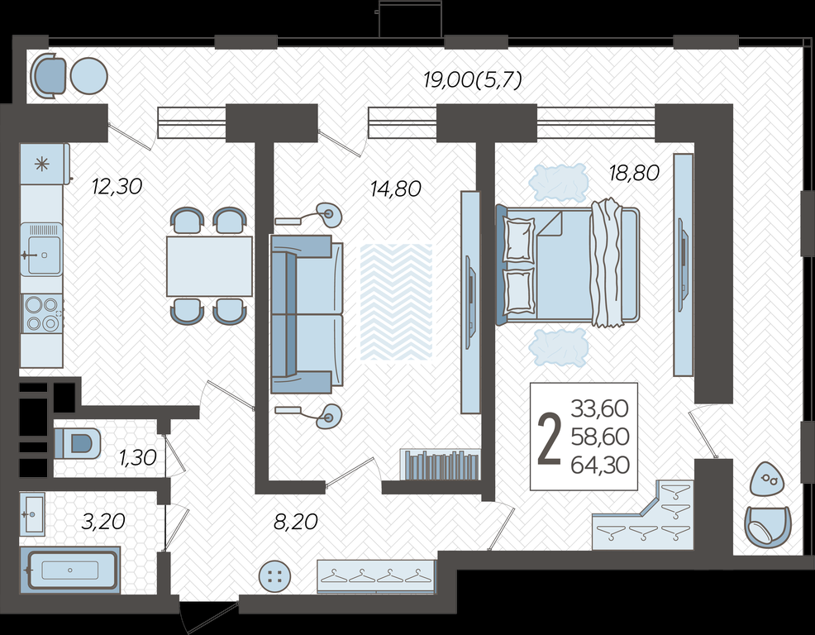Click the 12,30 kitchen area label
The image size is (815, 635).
pyautogui.click(x=117, y=186)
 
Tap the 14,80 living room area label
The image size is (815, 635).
pyautogui.click(x=396, y=189)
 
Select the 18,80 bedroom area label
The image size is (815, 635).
pyautogui.click(x=634, y=173)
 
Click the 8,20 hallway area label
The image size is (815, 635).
pyautogui.click(x=295, y=521)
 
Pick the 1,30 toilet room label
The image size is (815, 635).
pyautogui.click(x=138, y=458)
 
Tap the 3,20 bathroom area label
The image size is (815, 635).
pyautogui.click(x=103, y=521)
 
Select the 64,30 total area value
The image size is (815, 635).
pyautogui.click(x=600, y=465)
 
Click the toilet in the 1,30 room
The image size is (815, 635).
pyautogui.click(x=78, y=444)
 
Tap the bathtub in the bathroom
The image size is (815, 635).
pyautogui.click(x=70, y=570)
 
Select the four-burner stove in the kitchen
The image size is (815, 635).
pyautogui.click(x=41, y=313)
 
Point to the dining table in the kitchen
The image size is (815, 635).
pyautogui.click(x=209, y=266)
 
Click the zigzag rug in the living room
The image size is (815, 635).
pyautogui.click(x=396, y=302)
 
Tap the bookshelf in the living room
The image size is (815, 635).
pyautogui.click(x=441, y=465)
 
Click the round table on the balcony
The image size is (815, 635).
pyautogui.click(x=88, y=76)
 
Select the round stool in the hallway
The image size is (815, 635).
pyautogui.click(x=274, y=576)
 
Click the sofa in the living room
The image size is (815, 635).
pyautogui.click(x=307, y=314)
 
